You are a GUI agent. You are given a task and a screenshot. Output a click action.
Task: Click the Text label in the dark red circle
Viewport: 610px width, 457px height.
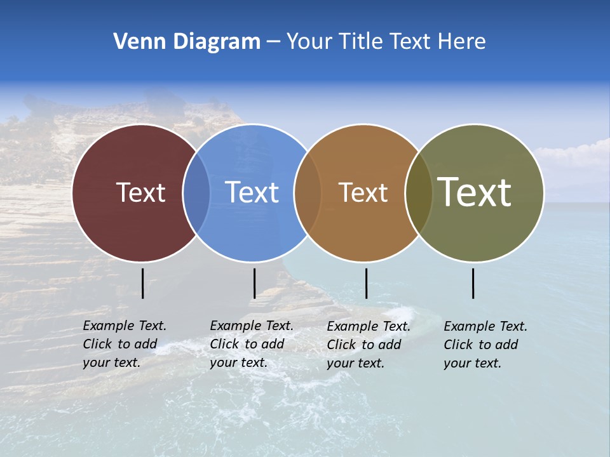click(x=140, y=192)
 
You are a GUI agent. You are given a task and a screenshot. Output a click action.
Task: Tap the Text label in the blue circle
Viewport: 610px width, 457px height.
click(x=252, y=192)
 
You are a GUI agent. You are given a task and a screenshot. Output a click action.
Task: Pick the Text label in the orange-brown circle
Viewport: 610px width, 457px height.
click(x=363, y=192)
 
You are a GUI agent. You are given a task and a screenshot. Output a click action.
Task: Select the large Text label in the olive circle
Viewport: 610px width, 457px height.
click(x=474, y=192)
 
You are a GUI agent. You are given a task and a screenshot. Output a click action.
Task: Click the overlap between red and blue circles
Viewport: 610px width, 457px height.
click(x=196, y=192)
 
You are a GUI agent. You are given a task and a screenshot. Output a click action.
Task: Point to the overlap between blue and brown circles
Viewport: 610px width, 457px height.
click(x=308, y=192)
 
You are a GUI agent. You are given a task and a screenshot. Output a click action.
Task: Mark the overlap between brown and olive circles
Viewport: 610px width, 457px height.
click(x=419, y=192)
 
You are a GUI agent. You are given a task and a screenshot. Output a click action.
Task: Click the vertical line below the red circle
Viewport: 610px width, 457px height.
click(x=143, y=283)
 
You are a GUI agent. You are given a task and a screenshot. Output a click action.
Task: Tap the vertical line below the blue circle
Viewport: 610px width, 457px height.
click(x=254, y=283)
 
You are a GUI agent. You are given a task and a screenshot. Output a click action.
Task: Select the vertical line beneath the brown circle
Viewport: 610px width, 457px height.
click(x=366, y=283)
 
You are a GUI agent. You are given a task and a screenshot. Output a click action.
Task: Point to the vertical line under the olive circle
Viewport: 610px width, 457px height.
click(x=473, y=283)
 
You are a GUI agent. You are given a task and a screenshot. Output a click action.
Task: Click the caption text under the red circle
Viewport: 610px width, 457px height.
click(x=124, y=344)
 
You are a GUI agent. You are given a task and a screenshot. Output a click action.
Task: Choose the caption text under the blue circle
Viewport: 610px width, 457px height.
click(x=251, y=344)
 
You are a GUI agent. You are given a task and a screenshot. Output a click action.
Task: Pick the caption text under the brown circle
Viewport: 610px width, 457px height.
click(x=368, y=345)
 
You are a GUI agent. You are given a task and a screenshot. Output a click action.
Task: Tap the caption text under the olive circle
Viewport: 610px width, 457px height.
click(x=485, y=345)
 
